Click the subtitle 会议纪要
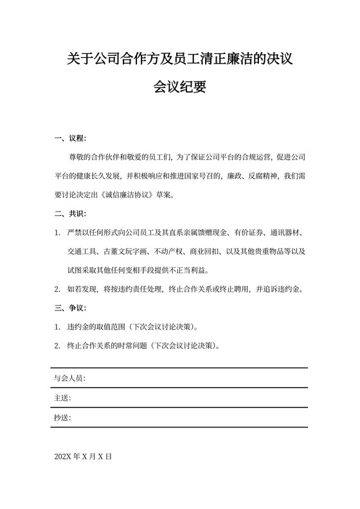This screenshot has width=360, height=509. tap(179, 87)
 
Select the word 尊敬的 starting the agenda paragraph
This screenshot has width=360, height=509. tap(78, 157)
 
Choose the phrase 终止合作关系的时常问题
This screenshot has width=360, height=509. tap(105, 344)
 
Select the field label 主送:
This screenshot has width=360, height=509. tap(62, 398)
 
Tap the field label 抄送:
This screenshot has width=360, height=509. tap(62, 418)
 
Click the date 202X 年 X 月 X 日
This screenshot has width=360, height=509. tap(84, 456)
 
